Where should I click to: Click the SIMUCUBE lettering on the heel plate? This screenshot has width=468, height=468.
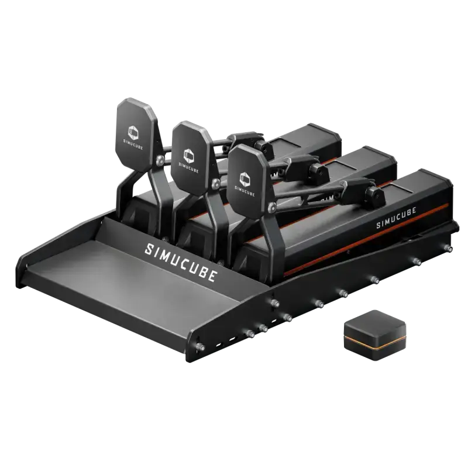180,259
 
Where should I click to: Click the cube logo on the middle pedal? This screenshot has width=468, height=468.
189,154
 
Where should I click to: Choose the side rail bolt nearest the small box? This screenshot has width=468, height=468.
340,290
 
